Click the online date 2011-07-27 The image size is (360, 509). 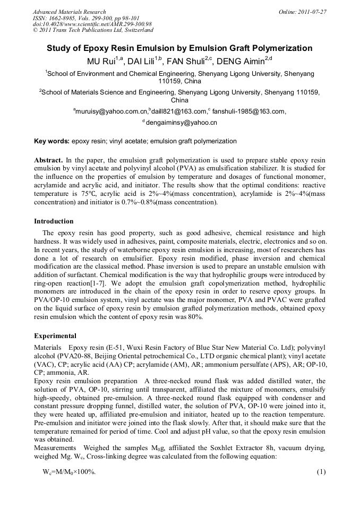pyautogui.click(x=312, y=12)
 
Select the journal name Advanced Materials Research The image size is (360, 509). pyautogui.click(x=69, y=12)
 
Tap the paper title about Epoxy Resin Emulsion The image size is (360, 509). pyautogui.click(x=179, y=48)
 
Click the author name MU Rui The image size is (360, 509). pyautogui.click(x=101, y=61)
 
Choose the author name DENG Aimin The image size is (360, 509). pyautogui.click(x=242, y=61)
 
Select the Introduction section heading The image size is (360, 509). pyautogui.click(x=54, y=221)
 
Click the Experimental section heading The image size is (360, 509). pyautogui.click(x=55, y=336)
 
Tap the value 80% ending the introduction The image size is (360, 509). pyautogui.click(x=194, y=317)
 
